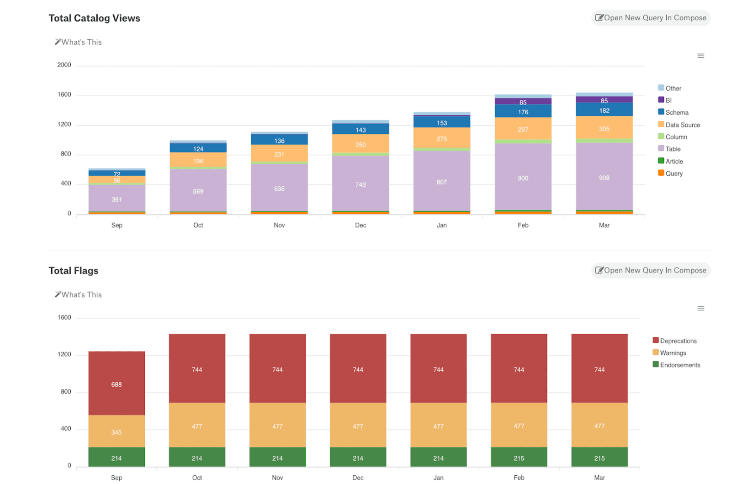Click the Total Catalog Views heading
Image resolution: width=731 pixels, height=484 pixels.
[x=94, y=18]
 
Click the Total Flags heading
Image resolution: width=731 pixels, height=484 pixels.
[x=74, y=271]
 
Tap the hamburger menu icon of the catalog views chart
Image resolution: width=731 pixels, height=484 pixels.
[x=700, y=56]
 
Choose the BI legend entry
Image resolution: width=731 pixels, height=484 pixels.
[x=668, y=100]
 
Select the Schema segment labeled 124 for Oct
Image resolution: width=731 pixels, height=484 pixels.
[x=198, y=148]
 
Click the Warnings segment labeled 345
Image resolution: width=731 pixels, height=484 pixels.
[x=117, y=431]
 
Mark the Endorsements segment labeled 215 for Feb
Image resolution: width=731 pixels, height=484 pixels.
[x=519, y=457]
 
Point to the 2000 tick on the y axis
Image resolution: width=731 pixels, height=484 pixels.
[x=64, y=65]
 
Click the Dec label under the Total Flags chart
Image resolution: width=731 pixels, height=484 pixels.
[x=358, y=478]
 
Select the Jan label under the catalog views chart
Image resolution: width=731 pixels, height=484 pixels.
[x=441, y=225]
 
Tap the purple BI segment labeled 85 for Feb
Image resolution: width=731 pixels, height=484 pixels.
[x=523, y=102]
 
